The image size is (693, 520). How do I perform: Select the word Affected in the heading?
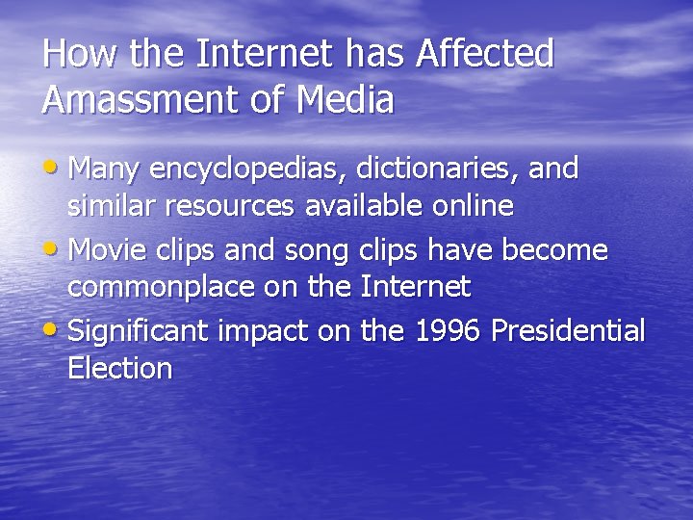coord(484,55)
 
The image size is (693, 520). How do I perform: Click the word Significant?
coord(140,332)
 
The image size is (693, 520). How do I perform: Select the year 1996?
coord(448,331)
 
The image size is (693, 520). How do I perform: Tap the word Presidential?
coord(568,331)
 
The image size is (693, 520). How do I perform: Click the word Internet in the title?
coord(278,55)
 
